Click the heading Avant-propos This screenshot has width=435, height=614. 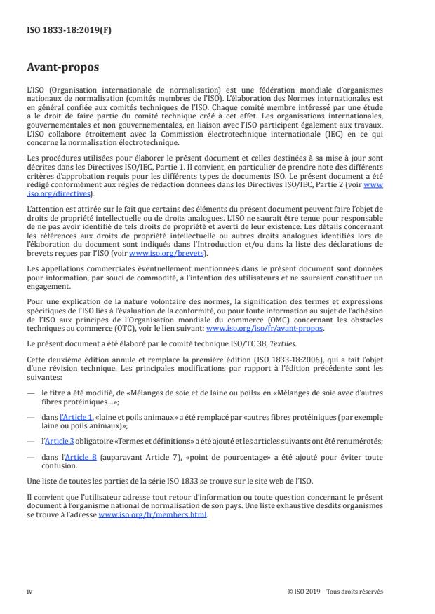click(x=62, y=67)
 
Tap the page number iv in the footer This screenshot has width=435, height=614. click(x=30, y=591)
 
